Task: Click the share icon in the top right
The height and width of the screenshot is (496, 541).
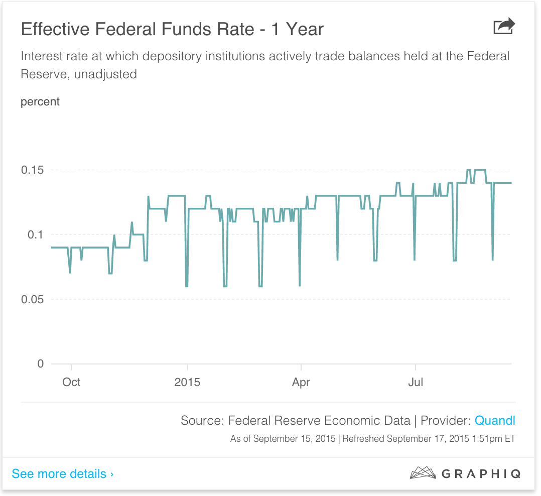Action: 504,27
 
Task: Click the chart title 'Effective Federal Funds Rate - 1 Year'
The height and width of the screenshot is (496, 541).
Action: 172,29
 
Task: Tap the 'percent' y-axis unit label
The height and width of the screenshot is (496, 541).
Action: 40,102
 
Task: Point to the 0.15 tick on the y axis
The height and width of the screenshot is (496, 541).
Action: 32,170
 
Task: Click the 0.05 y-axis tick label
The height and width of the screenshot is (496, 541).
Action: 32,299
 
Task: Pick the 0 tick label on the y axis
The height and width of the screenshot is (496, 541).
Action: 41,363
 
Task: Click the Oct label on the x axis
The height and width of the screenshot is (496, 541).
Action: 71,382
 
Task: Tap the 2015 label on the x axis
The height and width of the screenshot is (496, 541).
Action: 187,382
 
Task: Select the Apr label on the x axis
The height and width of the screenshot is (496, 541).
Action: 301,382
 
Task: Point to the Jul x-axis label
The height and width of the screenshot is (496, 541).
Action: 416,382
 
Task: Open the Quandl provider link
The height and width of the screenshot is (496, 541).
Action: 495,421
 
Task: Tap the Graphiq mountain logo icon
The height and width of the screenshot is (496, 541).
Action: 423,473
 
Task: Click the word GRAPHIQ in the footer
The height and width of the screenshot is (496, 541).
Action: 481,473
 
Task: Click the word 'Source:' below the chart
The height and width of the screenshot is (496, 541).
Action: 202,421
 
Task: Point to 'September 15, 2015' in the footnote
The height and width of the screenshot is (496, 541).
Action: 295,439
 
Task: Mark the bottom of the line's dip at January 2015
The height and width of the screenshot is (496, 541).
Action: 187,286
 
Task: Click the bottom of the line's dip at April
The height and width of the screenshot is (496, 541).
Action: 300,285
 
